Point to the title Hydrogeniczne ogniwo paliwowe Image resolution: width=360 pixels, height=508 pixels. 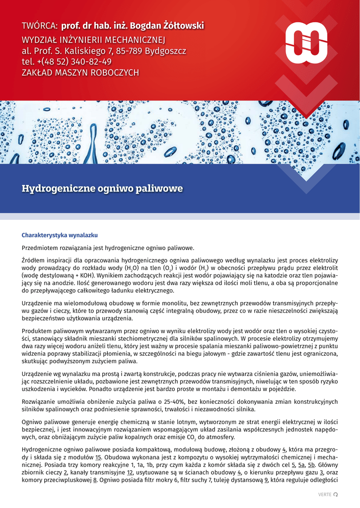102,189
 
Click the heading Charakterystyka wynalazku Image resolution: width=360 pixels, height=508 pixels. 60,235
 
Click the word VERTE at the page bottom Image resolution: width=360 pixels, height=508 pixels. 324,495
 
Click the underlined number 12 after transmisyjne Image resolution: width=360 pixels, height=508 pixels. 130,473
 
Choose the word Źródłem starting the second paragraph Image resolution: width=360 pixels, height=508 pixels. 35,260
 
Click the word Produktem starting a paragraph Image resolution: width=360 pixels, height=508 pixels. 38,331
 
